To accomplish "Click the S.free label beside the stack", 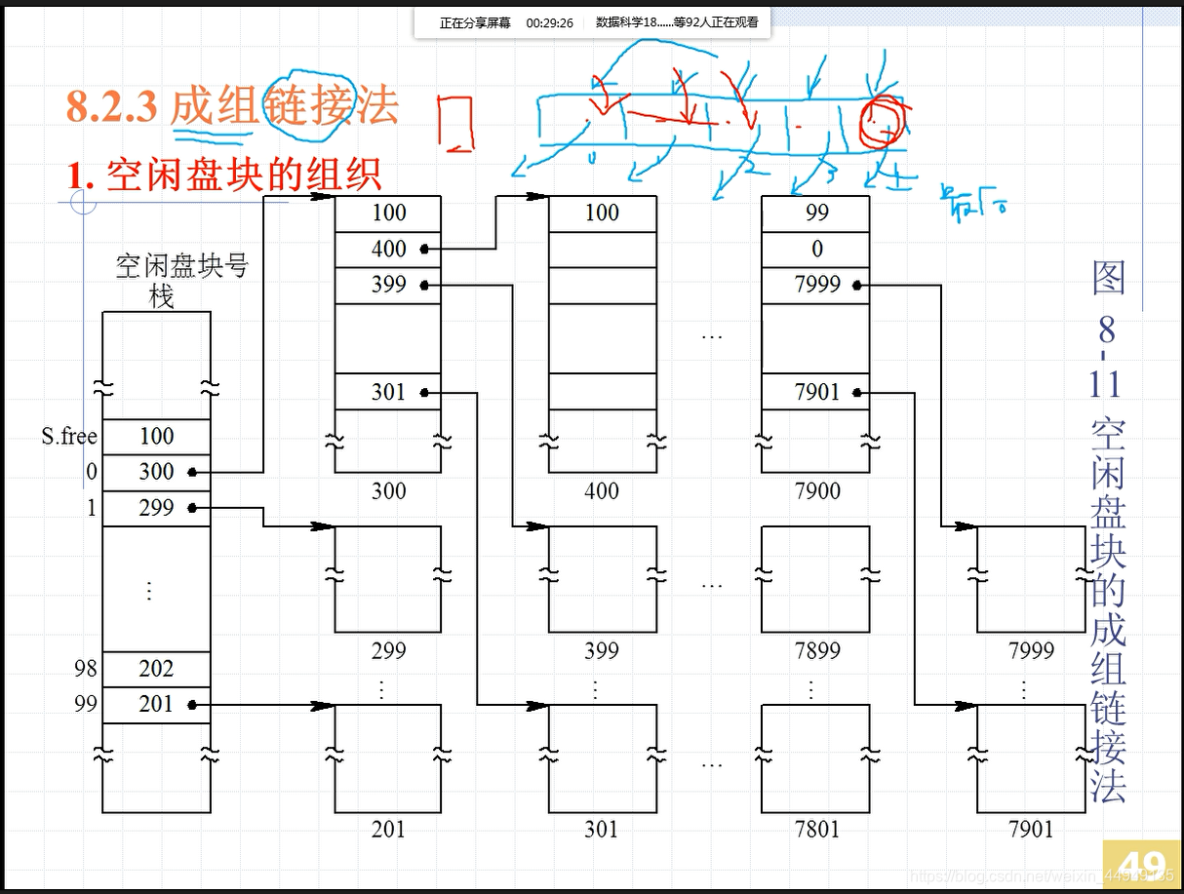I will [x=69, y=436].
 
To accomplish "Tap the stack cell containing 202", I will [x=156, y=669].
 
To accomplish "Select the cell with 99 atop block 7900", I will [x=816, y=213].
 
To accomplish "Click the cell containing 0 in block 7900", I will [x=816, y=249].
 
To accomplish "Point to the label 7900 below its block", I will [x=816, y=490].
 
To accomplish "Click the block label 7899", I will [x=816, y=650].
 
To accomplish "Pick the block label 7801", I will [x=816, y=829].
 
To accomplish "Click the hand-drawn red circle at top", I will [x=882, y=122].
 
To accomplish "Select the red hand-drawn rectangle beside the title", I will [x=455, y=125].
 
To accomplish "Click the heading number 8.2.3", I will [x=111, y=106].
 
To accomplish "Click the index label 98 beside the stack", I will [x=86, y=669].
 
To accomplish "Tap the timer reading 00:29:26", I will [x=549, y=22].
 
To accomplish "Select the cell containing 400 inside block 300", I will [x=388, y=249].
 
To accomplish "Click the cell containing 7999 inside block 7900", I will [x=816, y=285].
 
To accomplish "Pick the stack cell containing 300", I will [x=156, y=472].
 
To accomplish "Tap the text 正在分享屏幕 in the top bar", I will [x=475, y=22].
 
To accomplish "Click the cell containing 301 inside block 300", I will [x=388, y=392].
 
